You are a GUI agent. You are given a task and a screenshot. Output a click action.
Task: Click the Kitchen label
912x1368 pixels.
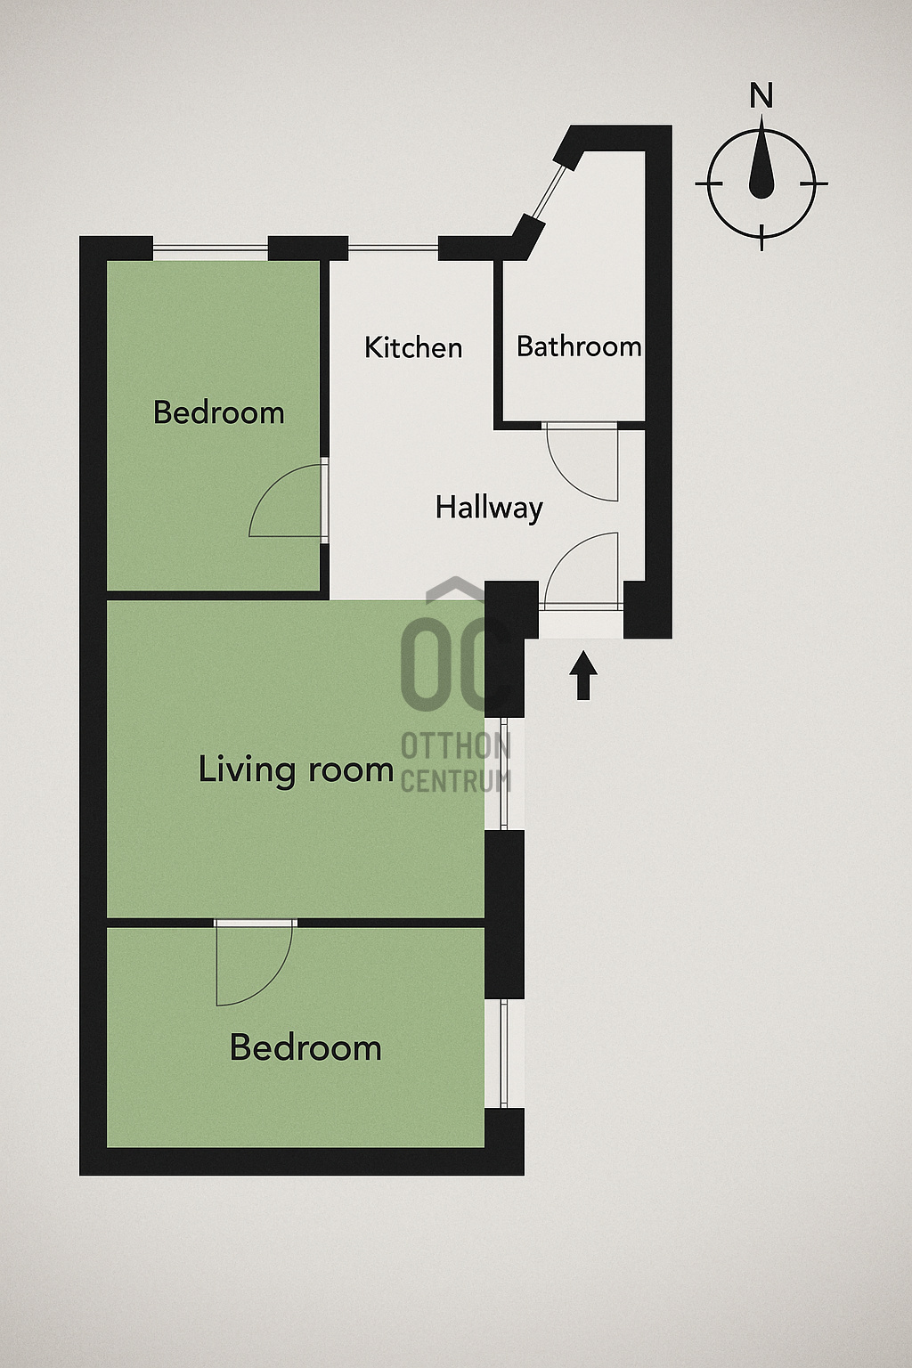(x=413, y=347)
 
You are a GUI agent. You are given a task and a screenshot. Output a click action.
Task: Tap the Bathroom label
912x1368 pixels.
(x=579, y=346)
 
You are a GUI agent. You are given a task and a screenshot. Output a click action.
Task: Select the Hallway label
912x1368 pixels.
(x=489, y=509)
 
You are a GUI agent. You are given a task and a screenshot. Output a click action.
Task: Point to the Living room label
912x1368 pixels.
(x=296, y=769)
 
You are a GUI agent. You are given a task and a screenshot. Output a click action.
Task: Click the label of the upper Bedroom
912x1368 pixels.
(x=219, y=412)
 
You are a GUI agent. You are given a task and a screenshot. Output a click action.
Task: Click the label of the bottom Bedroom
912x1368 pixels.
(x=305, y=1047)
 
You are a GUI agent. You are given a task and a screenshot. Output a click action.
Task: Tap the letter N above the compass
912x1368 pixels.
(x=761, y=96)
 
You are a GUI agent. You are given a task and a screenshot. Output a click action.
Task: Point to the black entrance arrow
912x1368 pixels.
(x=582, y=675)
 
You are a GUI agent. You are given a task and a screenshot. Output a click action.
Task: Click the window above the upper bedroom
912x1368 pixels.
(x=210, y=248)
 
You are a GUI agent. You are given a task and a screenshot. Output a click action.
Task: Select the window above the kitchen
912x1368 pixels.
(x=394, y=248)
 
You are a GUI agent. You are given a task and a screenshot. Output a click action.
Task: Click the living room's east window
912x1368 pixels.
(x=504, y=774)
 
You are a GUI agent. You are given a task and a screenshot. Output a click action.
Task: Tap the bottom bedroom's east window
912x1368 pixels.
(x=504, y=1054)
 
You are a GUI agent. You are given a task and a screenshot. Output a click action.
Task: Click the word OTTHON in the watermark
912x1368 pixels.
(x=456, y=745)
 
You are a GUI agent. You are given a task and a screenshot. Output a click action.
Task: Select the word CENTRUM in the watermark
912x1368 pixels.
(x=456, y=781)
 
